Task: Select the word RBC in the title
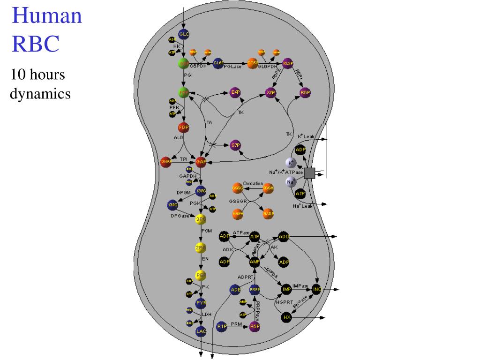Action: (x=36, y=44)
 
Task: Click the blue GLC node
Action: (x=184, y=34)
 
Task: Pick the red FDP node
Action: (x=183, y=127)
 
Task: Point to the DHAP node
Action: (x=166, y=162)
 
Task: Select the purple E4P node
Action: (x=235, y=92)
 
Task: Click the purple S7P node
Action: (x=236, y=145)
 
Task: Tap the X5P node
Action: (x=270, y=92)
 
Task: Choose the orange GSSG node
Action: (x=238, y=188)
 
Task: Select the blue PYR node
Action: (x=201, y=303)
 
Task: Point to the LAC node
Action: (x=201, y=331)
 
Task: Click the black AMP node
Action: (x=255, y=261)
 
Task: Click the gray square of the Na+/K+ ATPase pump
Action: (x=309, y=173)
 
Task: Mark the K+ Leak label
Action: (x=307, y=136)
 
